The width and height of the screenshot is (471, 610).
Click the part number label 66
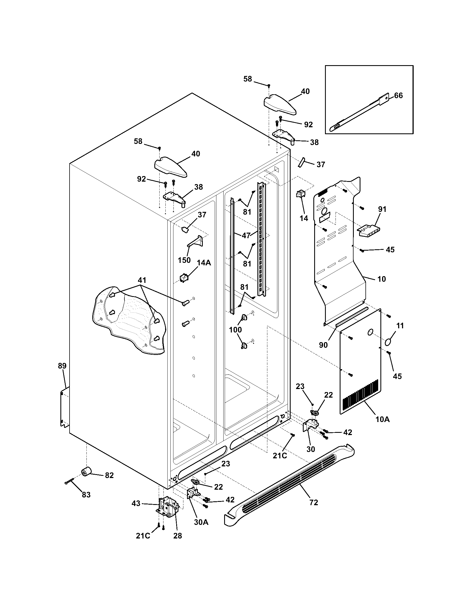tap(398, 96)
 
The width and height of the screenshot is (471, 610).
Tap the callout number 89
tap(62, 366)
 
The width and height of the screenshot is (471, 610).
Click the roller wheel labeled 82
tap(87, 472)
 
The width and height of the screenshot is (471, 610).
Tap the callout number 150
tap(184, 260)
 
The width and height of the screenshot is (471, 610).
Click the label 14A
tap(204, 263)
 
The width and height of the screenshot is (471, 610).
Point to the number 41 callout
tap(142, 280)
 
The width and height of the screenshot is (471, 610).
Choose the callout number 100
tap(235, 330)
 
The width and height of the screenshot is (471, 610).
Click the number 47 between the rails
tap(246, 235)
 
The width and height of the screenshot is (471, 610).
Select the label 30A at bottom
tap(201, 522)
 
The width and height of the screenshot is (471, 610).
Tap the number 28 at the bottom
tap(178, 536)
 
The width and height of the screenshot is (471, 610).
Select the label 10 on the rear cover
tap(382, 279)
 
